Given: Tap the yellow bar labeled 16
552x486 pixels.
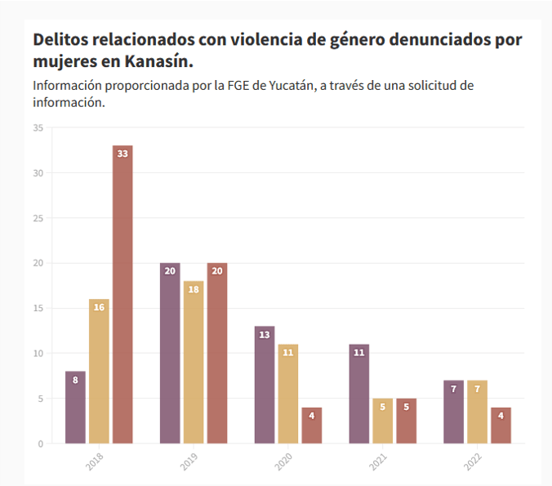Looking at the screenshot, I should [x=99, y=372].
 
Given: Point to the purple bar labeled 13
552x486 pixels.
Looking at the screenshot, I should [x=265, y=384].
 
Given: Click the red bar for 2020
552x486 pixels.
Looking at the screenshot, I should [x=312, y=425].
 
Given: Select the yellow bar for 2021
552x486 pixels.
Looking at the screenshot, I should [x=383, y=421].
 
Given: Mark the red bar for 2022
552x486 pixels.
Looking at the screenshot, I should [x=501, y=425].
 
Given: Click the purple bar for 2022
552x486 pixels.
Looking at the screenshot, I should [x=454, y=412].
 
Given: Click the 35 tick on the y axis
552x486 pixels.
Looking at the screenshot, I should [x=38, y=127].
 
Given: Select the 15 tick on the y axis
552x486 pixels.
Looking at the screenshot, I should [x=38, y=308].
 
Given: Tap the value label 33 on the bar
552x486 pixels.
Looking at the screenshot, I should [x=122, y=154].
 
